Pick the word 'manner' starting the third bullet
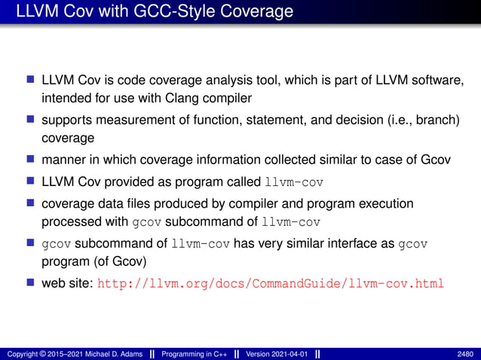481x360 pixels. click(x=65, y=161)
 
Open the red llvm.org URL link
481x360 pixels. click(x=271, y=285)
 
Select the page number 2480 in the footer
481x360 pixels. click(x=465, y=354)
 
